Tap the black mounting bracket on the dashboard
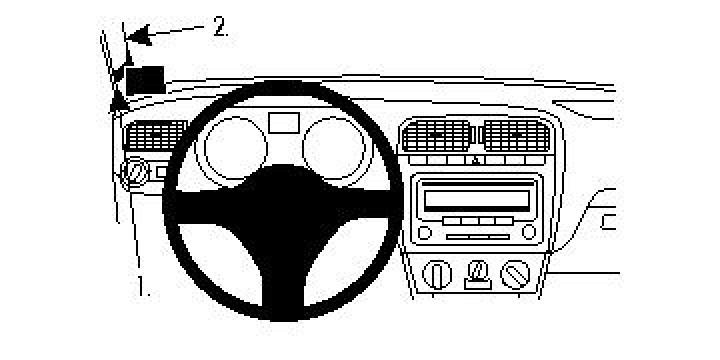pyautogui.click(x=146, y=77)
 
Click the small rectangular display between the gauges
pyautogui.click(x=283, y=122)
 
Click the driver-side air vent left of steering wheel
pyautogui.click(x=154, y=136)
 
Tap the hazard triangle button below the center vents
pyautogui.click(x=476, y=159)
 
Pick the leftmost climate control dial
pyautogui.click(x=437, y=273)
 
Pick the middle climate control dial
pyautogui.click(x=478, y=270)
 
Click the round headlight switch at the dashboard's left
pyautogui.click(x=132, y=175)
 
